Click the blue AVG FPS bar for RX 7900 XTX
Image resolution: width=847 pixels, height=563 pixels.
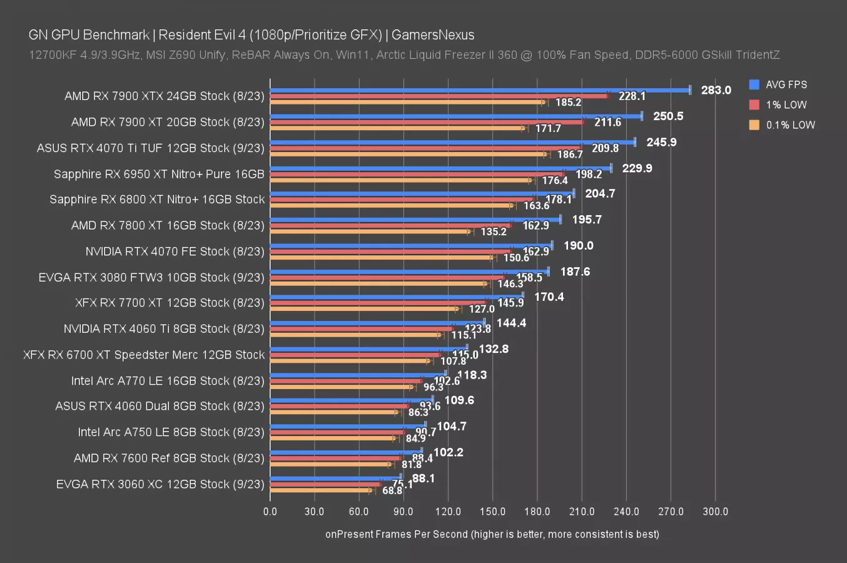pos(479,90)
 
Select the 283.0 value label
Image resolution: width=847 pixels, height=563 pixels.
pos(716,90)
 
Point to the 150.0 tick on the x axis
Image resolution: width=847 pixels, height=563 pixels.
pos(492,511)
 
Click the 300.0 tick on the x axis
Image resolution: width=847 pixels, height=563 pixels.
pos(715,511)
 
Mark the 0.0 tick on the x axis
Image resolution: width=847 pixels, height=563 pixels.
pos(270,511)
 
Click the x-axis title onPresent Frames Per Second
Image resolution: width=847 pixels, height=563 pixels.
pos(492,534)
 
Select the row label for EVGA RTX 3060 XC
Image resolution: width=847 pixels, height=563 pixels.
pos(160,484)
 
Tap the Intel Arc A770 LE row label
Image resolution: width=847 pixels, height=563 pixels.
pos(168,380)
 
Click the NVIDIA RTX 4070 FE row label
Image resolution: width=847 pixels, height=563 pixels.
pos(175,251)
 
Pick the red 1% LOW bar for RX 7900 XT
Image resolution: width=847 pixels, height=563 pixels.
pos(427,122)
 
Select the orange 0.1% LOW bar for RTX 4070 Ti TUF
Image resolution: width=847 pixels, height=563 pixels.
pos(408,154)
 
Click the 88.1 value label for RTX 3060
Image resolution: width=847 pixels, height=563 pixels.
pos(423,479)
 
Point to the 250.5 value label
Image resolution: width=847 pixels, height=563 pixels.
pos(668,116)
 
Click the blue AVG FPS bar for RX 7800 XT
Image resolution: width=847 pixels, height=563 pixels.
pos(415,220)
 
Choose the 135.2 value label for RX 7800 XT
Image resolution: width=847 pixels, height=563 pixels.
pos(494,231)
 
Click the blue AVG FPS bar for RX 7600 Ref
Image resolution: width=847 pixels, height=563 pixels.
pos(346,450)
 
